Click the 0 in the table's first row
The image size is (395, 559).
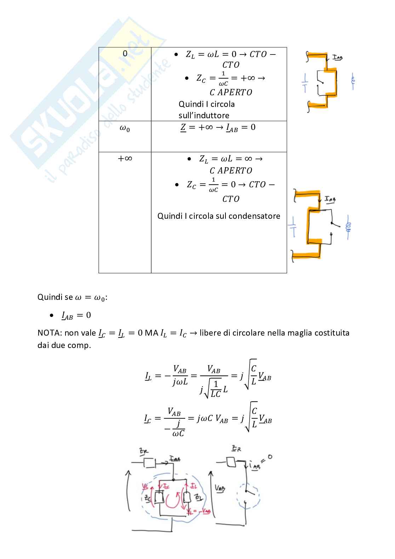point(125,53)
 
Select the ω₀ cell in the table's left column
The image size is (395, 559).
point(125,129)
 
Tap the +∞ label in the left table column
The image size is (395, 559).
point(125,158)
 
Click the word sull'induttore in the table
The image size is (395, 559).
point(204,115)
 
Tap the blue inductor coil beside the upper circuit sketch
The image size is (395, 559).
point(353,82)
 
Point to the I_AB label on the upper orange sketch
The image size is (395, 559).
point(337,57)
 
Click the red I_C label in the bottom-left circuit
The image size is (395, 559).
point(166,486)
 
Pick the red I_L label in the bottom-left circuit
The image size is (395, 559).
point(194,486)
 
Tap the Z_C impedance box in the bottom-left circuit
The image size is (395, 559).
point(160,498)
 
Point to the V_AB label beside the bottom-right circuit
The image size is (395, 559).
point(220,488)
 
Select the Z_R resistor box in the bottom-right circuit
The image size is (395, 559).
point(232,462)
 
